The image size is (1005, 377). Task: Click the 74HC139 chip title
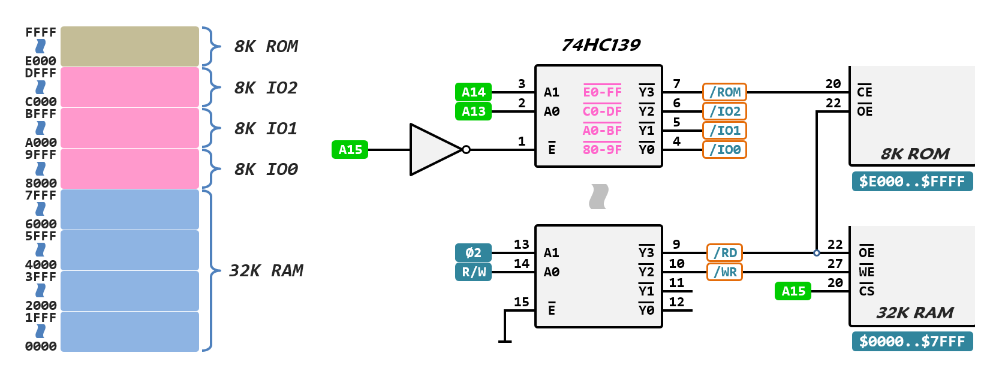(x=601, y=45)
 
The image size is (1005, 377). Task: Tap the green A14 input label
(x=473, y=92)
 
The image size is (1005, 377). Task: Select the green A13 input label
(x=473, y=111)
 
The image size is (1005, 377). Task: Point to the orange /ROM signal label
(x=724, y=92)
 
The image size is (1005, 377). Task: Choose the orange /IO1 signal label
(x=724, y=131)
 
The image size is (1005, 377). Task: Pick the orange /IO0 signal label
(x=724, y=150)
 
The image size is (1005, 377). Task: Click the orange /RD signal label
(x=724, y=253)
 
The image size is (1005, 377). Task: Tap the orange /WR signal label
(x=724, y=272)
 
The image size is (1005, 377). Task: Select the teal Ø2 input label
(x=473, y=252)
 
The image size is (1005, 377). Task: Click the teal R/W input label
(x=473, y=272)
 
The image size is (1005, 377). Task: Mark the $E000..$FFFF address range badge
(x=912, y=181)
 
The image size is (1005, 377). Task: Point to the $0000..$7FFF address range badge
(x=912, y=341)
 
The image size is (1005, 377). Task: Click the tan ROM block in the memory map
(x=130, y=46)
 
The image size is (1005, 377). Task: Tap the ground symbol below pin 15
(x=505, y=341)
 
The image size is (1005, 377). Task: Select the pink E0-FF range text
(x=602, y=92)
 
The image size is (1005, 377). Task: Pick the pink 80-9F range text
(x=602, y=149)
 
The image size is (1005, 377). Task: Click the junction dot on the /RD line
(x=816, y=253)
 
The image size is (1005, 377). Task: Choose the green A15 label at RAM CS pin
(x=793, y=291)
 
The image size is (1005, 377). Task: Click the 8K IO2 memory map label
(x=266, y=88)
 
